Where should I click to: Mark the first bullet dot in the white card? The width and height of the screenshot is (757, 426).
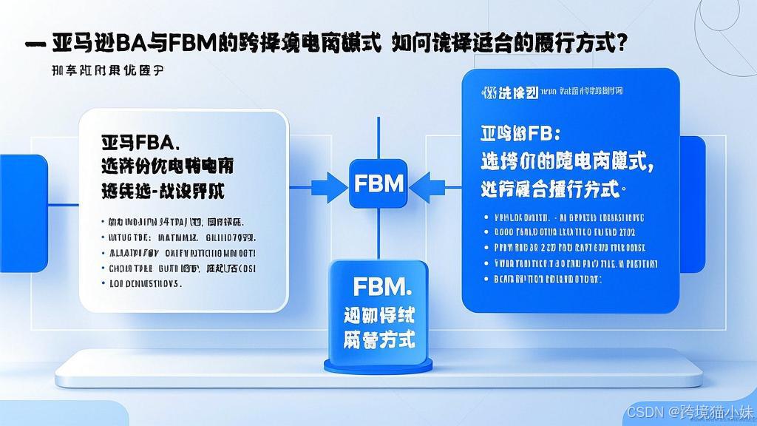tap(101, 221)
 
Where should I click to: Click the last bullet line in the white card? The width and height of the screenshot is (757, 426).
tap(145, 283)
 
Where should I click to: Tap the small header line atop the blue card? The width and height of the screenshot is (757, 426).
tap(551, 92)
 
